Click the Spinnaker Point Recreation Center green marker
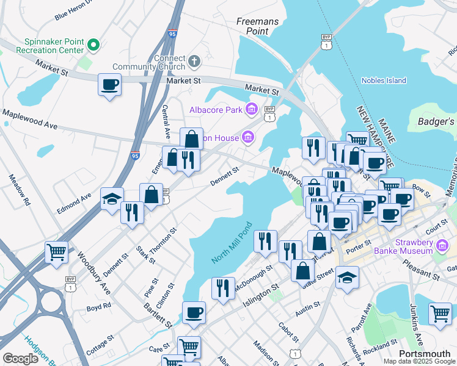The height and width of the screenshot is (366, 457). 93,44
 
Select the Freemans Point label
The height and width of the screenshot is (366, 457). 257,26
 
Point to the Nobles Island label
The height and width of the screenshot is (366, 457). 384,81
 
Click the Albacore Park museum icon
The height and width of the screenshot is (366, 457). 251,110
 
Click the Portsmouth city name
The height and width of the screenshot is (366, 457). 424,354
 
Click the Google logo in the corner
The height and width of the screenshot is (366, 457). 20,358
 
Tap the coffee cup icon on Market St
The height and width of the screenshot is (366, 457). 110,84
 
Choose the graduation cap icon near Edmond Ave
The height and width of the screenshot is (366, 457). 112,199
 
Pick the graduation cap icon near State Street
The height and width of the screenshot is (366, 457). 347,277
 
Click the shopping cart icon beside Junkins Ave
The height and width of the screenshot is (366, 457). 440,314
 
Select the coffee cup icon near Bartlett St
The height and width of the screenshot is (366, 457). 194,312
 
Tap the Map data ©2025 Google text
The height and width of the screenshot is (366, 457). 419,361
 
